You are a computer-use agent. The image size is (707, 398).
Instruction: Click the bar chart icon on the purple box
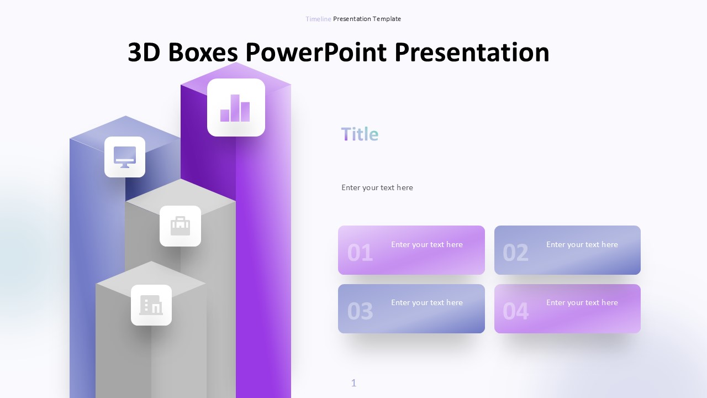[236, 107]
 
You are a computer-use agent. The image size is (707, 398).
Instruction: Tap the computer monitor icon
[125, 157]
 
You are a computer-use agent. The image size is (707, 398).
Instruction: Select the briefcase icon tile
[180, 226]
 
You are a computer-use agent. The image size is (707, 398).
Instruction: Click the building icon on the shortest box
[151, 305]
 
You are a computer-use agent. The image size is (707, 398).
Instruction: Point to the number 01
[360, 253]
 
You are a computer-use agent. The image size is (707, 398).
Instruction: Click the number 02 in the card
[515, 253]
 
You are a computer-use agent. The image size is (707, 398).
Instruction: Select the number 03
[360, 312]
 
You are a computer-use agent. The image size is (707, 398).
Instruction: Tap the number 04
[515, 312]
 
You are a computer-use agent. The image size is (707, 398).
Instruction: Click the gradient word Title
[360, 134]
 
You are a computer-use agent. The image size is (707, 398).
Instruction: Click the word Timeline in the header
[318, 19]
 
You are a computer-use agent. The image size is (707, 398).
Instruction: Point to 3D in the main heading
[145, 53]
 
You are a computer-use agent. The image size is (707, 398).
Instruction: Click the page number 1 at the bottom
[354, 383]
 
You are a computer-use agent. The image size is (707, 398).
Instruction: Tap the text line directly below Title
[377, 187]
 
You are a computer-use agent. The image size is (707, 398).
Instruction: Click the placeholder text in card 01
[427, 244]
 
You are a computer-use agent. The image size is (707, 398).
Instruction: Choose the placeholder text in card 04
[582, 302]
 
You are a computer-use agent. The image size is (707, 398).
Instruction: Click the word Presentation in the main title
[472, 53]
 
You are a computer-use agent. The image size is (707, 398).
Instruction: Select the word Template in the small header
[387, 19]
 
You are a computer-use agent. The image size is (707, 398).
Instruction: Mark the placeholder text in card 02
[582, 244]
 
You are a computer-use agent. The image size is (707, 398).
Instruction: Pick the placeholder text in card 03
[427, 302]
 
